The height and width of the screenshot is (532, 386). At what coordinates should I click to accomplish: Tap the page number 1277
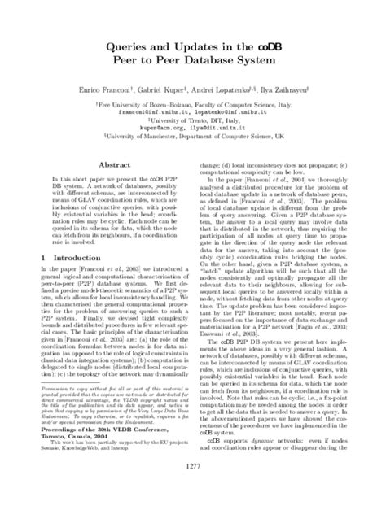point(193,510)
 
